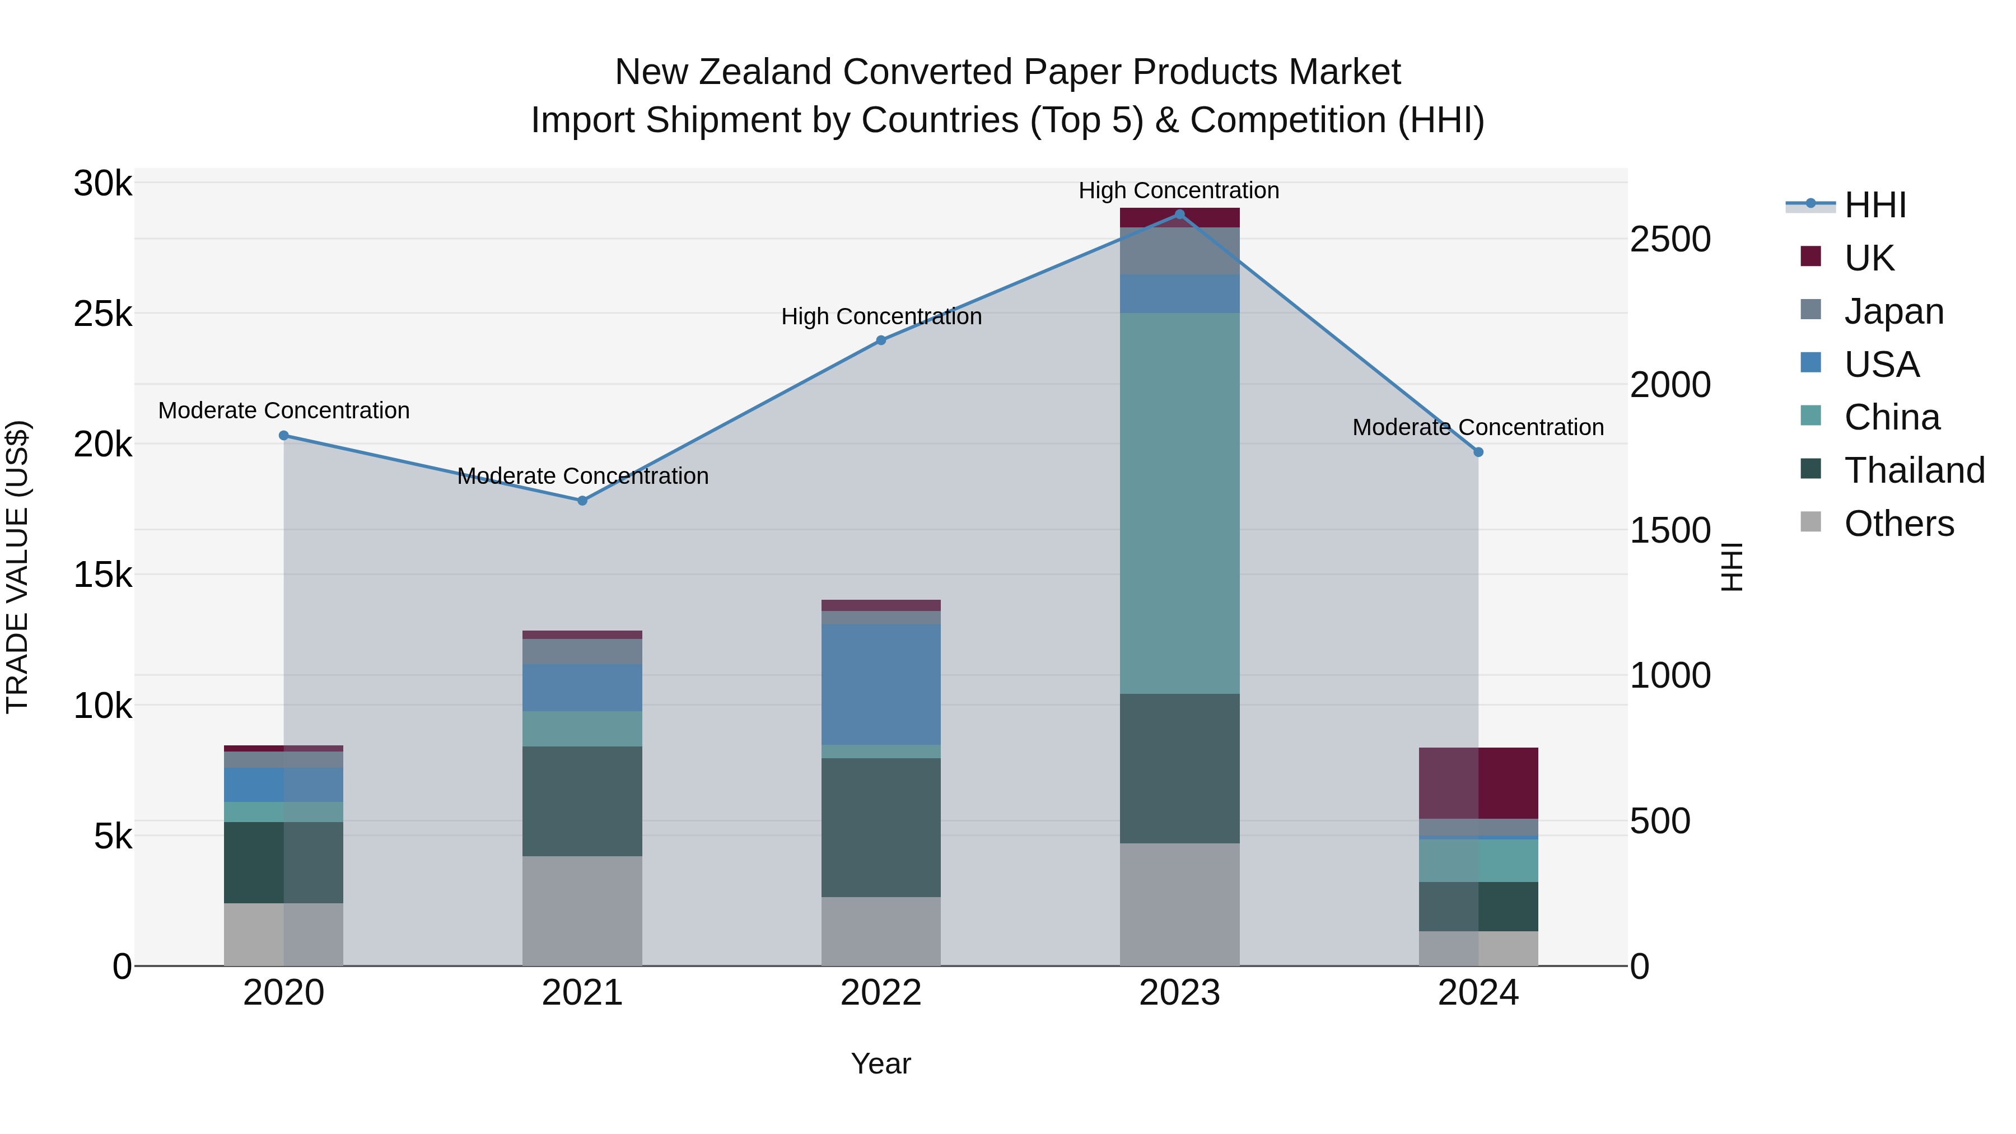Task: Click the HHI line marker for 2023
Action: [x=1179, y=214]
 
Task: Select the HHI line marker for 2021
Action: [x=582, y=501]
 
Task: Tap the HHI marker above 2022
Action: [x=880, y=340]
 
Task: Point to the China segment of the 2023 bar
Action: [x=1179, y=503]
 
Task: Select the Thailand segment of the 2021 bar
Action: [x=582, y=801]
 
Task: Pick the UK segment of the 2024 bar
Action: [x=1478, y=783]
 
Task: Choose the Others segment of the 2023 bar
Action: [x=1179, y=904]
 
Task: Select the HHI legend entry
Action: [x=1874, y=205]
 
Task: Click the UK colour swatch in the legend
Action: [x=1810, y=256]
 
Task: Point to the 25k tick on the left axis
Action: [x=103, y=315]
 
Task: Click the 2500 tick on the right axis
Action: [x=1670, y=240]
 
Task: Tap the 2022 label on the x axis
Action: [x=880, y=993]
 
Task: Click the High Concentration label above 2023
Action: [x=1179, y=190]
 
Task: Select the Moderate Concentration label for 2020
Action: [x=283, y=410]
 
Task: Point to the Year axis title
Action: [x=880, y=1063]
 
